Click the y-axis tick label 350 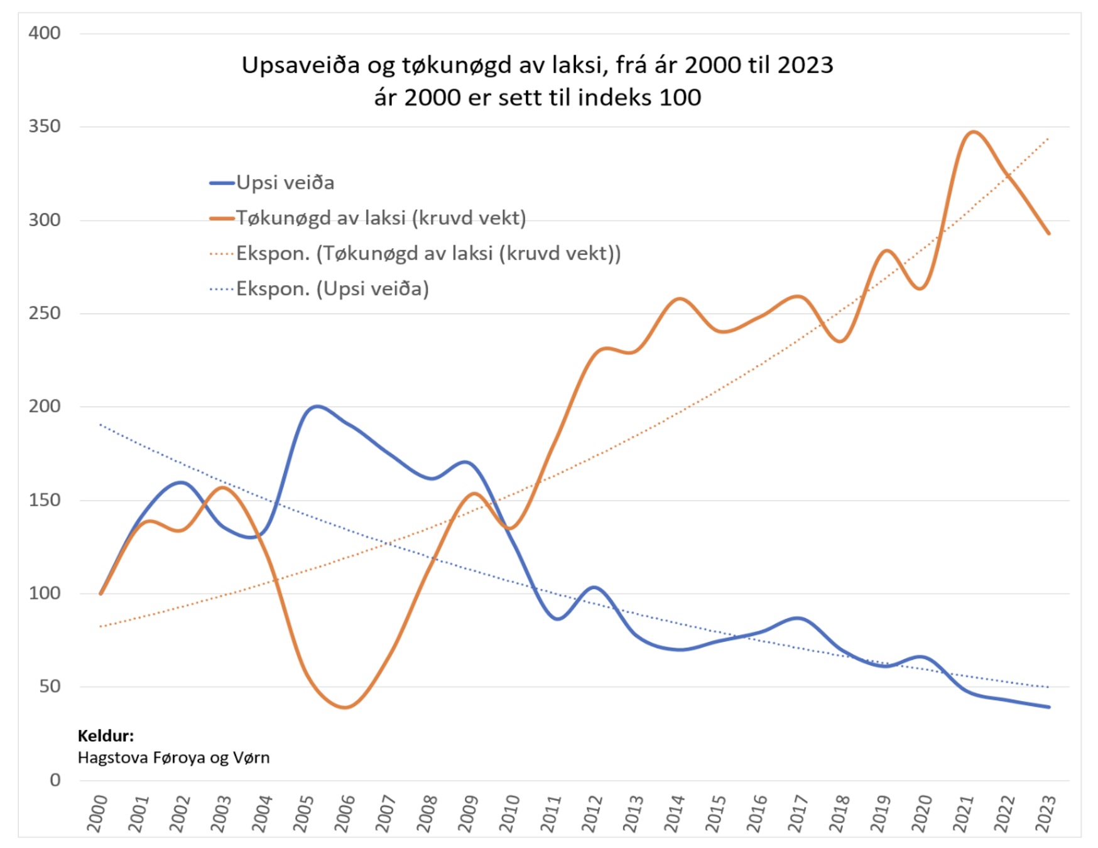tap(44, 126)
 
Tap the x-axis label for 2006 tap(344, 813)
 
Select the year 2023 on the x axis tap(1045, 813)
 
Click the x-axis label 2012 tap(592, 813)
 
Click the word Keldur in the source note tap(106, 736)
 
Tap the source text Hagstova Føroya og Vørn tap(173, 758)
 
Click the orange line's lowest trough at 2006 tap(345, 707)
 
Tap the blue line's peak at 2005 tap(316, 406)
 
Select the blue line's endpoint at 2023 tap(1048, 707)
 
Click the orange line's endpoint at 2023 tap(1048, 233)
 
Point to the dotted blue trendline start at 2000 tap(101, 425)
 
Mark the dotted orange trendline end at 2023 tap(1048, 138)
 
